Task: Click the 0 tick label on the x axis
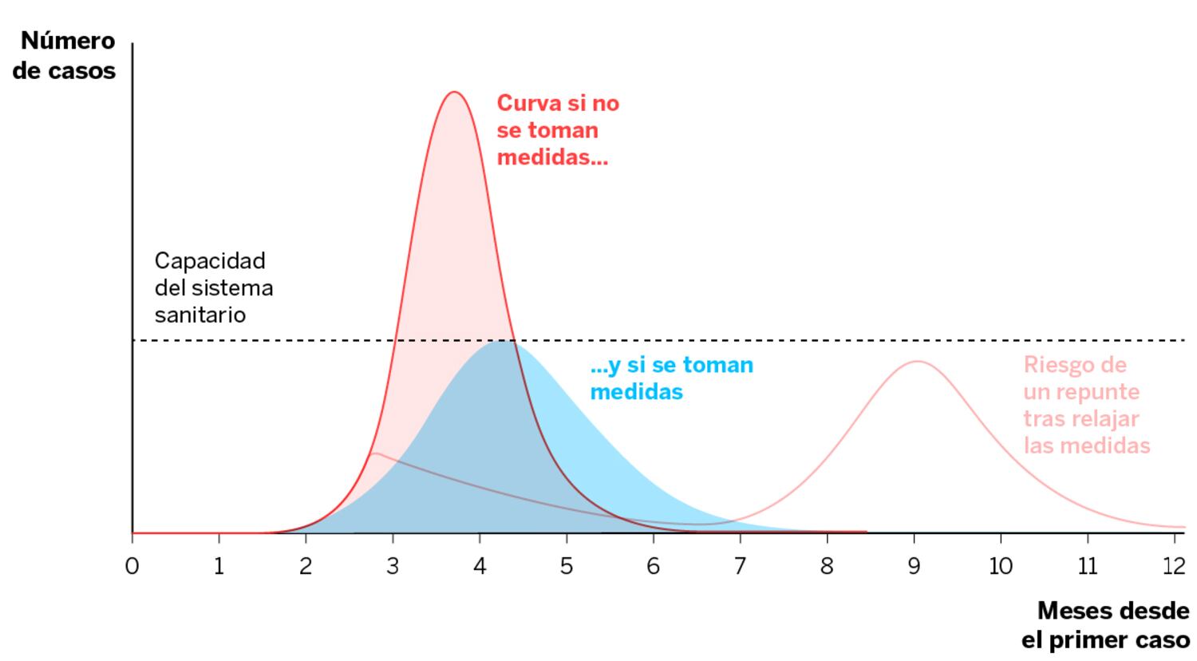tap(132, 566)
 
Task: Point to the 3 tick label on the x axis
tap(393, 566)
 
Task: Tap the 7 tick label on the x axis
tap(740, 566)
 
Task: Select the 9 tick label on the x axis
tap(914, 566)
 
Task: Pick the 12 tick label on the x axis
tap(1174, 566)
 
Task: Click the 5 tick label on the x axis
tap(567, 566)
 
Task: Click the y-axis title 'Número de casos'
tap(65, 55)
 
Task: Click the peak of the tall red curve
tap(455, 92)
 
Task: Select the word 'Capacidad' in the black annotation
tap(210, 261)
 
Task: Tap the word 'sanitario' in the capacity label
tap(200, 315)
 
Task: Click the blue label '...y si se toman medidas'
tap(671, 378)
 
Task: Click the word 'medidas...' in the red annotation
tap(552, 156)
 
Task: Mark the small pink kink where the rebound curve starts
tap(373, 453)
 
